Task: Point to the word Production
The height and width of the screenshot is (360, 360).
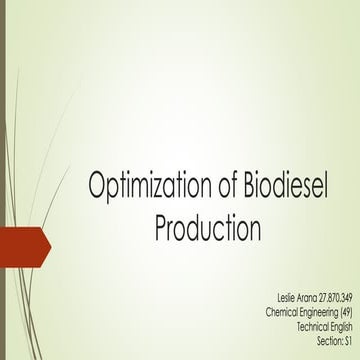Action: pyautogui.click(x=208, y=228)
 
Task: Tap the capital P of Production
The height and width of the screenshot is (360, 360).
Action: pyautogui.click(x=163, y=228)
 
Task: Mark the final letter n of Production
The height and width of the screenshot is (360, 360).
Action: pyautogui.click(x=254, y=228)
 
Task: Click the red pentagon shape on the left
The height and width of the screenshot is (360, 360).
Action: pyautogui.click(x=22, y=242)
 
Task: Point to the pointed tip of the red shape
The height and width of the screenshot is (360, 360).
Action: pyautogui.click(x=47, y=242)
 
